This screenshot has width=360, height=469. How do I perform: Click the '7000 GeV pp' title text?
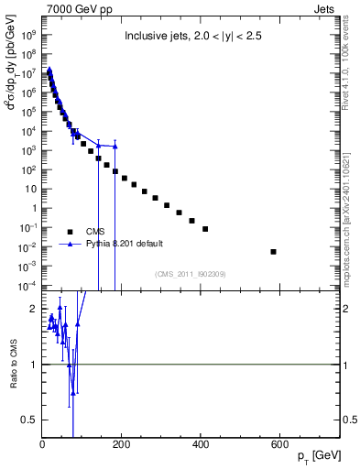(x=74, y=8)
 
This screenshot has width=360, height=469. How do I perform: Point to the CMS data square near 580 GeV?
(x=273, y=251)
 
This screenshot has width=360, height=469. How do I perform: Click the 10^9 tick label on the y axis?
(x=28, y=35)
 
